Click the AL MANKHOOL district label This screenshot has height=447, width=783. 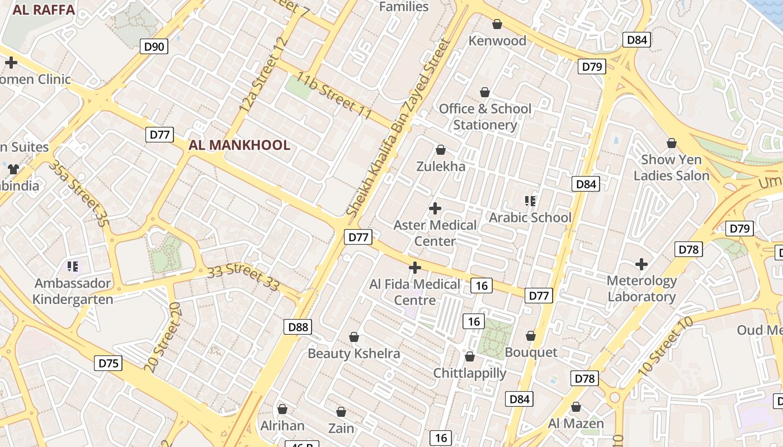tap(239, 145)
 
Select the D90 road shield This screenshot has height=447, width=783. tap(154, 46)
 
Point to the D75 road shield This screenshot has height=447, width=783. tap(109, 363)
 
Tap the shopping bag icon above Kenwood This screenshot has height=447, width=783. tap(497, 24)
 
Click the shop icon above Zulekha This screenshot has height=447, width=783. tap(441, 150)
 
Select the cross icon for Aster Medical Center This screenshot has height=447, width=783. tap(435, 209)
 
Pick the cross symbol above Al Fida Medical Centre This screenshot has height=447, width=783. tap(414, 268)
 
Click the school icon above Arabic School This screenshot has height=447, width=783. tap(530, 201)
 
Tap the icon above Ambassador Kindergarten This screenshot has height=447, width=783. tap(72, 267)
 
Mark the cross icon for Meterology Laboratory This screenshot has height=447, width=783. tap(642, 264)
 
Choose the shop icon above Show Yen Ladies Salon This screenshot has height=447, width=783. tap(671, 143)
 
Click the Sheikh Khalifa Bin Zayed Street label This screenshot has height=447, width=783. tap(398, 127)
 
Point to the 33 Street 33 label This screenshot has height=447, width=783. tap(243, 278)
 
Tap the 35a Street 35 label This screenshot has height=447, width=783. tap(78, 193)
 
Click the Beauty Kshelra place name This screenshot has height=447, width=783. tap(353, 354)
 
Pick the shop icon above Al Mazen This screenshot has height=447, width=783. tap(576, 407)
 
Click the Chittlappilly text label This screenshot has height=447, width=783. tap(470, 373)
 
